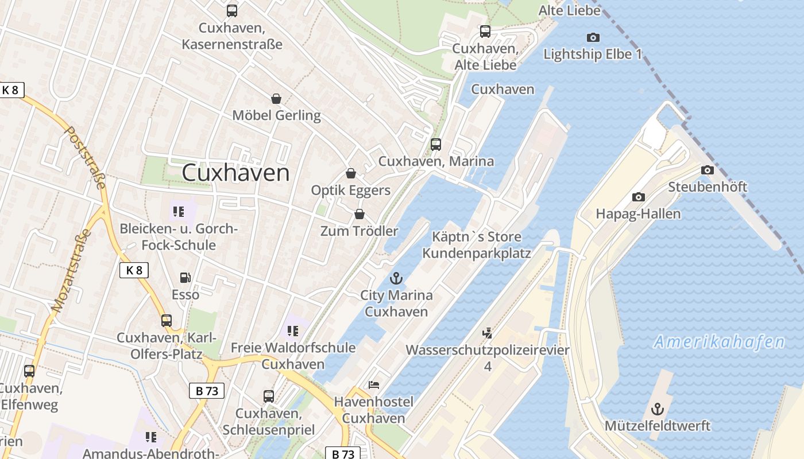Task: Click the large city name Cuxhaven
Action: tap(235, 172)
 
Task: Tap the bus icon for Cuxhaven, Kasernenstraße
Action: tap(232, 11)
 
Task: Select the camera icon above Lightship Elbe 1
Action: tap(593, 38)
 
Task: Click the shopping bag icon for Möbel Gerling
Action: tap(276, 99)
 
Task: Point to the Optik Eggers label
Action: tap(350, 190)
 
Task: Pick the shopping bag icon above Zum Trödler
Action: tap(360, 214)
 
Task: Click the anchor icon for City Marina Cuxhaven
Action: tap(396, 279)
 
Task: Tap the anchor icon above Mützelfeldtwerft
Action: tap(658, 409)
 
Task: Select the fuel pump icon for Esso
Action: tap(185, 278)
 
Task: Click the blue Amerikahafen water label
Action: tap(719, 343)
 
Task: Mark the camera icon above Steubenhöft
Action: tap(708, 170)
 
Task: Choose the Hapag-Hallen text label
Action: tap(638, 214)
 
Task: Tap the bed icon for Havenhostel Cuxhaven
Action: tap(374, 384)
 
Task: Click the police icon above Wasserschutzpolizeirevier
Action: tap(488, 333)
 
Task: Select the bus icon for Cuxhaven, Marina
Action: tap(436, 144)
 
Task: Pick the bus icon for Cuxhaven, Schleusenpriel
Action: tap(268, 396)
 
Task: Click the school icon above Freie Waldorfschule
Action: tap(293, 331)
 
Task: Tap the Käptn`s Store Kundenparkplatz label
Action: tap(476, 244)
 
